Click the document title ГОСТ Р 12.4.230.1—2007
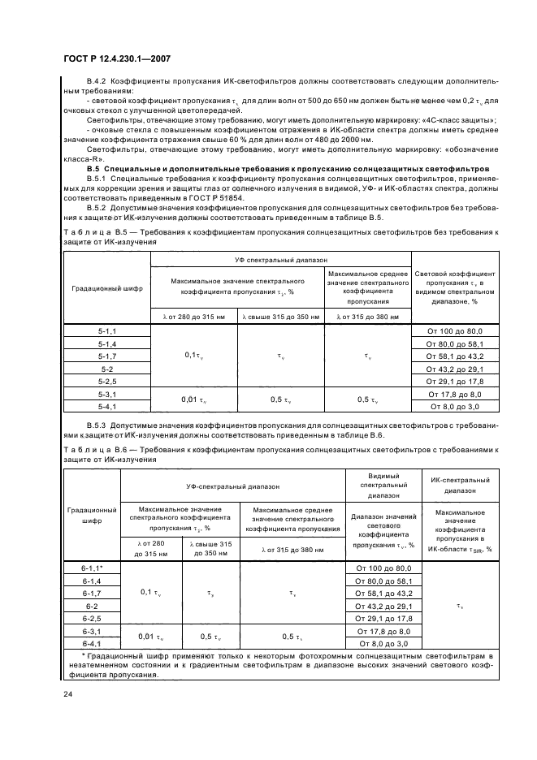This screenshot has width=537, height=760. click(x=116, y=58)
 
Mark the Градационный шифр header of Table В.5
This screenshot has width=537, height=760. click(x=107, y=288)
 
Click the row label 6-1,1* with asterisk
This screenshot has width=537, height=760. click(x=91, y=568)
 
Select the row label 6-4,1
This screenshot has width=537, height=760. click(x=91, y=642)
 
